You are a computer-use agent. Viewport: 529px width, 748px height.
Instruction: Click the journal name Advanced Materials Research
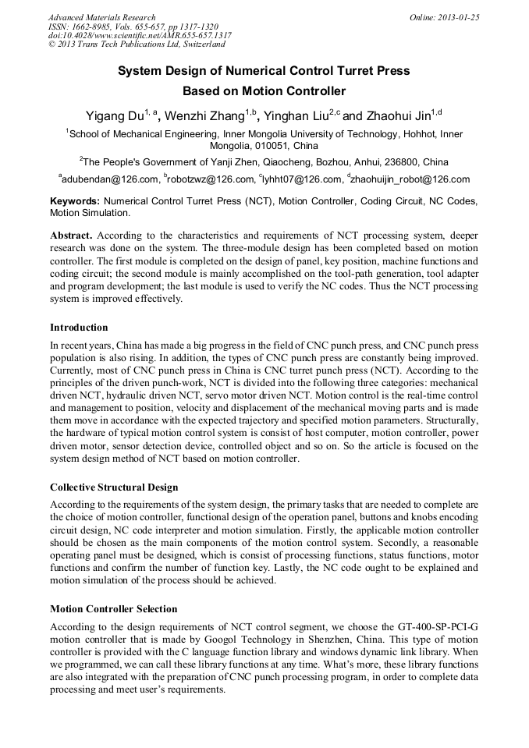[101, 17]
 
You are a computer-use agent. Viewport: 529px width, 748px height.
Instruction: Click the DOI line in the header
[140, 36]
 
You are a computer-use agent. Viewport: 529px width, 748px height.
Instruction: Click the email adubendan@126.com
[110, 179]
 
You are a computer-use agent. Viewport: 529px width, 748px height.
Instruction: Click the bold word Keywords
[75, 201]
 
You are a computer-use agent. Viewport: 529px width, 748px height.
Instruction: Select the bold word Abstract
[71, 235]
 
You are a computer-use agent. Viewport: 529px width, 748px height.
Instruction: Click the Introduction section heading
[79, 327]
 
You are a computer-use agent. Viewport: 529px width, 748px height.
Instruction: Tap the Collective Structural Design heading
[114, 487]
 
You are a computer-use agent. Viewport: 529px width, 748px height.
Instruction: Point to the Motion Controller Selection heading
[113, 608]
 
